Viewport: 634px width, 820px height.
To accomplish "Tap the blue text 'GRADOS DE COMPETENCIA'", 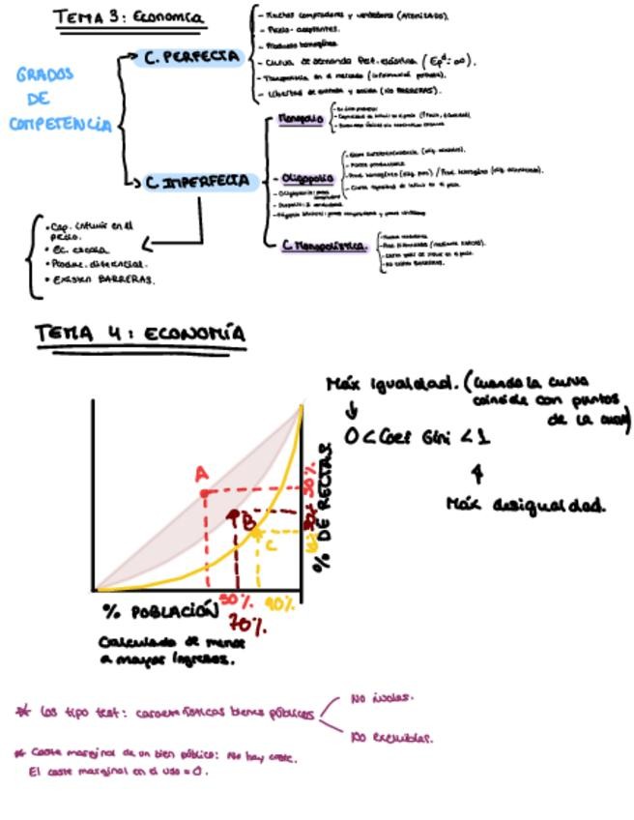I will pos(60,99).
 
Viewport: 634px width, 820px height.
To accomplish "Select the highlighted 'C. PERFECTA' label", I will pos(191,57).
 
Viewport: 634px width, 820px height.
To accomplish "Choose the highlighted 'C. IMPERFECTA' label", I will pos(198,181).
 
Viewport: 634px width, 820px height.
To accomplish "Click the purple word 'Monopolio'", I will pos(301,119).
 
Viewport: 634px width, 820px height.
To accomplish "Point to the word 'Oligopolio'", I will pos(306,178).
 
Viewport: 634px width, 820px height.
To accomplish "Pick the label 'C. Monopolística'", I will pos(324,246).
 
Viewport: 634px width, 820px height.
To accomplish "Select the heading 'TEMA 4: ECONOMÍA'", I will pos(140,334).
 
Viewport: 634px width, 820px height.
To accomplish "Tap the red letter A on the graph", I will pos(201,474).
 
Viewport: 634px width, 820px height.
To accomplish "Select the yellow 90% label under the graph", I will pos(280,604).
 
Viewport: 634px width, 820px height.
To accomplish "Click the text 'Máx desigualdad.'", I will pos(526,504).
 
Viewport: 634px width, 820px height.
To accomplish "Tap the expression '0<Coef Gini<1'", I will pos(418,437).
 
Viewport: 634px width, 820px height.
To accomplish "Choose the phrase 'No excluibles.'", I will pos(391,737).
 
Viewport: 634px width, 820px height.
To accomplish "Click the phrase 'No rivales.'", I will pos(382,696).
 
